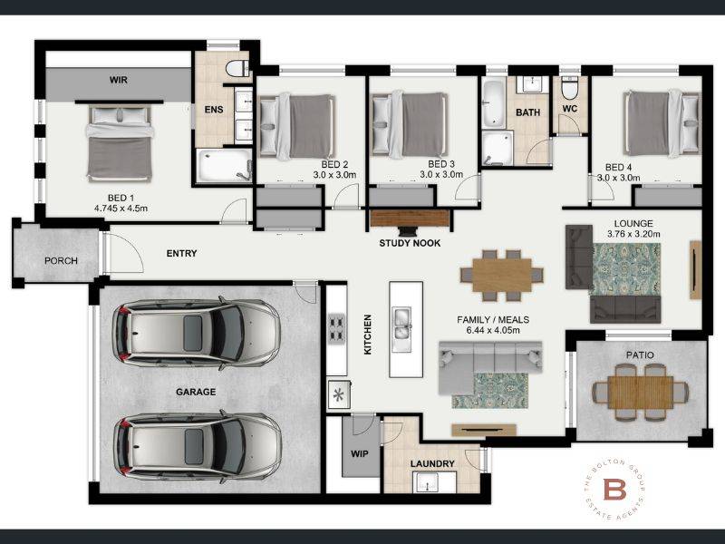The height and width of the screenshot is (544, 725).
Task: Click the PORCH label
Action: pos(61,260)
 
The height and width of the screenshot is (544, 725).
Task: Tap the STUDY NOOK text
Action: pos(410,243)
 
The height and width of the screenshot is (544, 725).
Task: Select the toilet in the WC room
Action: pos(569,89)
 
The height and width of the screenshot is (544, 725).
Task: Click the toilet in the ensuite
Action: pos(237,68)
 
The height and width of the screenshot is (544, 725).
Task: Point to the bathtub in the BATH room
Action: pos(494,104)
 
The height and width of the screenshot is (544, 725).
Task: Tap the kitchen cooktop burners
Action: pos(336,328)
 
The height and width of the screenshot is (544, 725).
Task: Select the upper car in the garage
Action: pos(196,333)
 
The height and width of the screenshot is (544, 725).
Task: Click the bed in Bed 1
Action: pos(120,143)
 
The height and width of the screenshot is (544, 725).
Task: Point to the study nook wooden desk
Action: pos(410,219)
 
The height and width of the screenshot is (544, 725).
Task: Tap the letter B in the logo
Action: pos(615,489)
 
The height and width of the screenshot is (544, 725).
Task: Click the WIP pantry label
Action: pos(359,454)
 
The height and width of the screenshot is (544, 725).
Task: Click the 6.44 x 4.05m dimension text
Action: pos(493,330)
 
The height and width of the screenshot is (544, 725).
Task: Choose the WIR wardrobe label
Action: pos(119,80)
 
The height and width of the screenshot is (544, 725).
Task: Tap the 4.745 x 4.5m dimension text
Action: pos(121,209)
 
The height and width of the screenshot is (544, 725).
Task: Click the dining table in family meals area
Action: pos(502,276)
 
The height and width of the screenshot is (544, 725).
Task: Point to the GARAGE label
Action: pos(196,392)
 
